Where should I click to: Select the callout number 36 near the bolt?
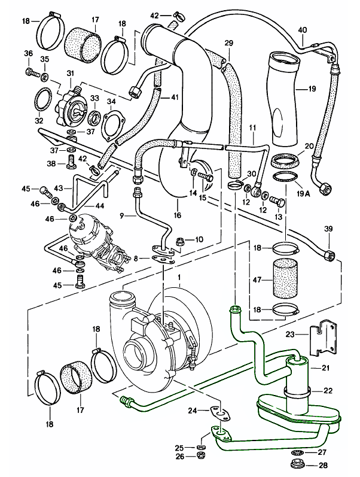[28, 54]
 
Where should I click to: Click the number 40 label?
[303, 30]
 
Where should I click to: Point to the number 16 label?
[178, 215]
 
